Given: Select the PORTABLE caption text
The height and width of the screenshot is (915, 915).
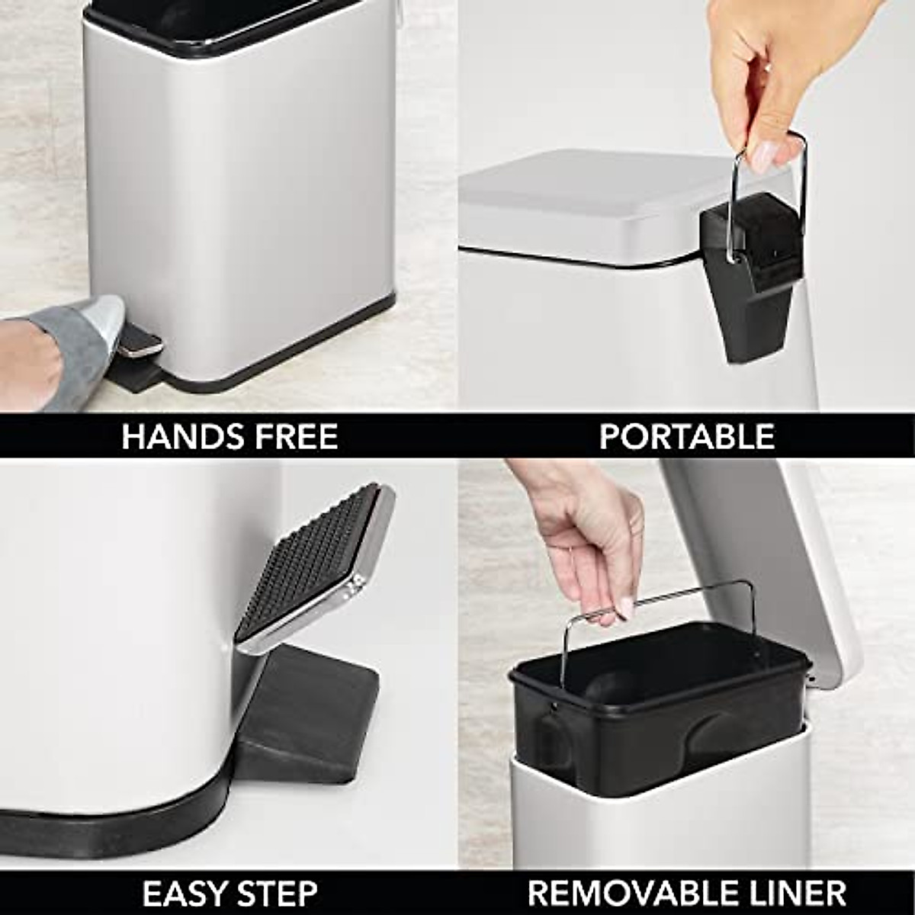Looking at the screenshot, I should click(x=686, y=437).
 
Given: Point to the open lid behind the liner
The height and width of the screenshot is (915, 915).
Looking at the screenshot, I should click(x=770, y=549).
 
